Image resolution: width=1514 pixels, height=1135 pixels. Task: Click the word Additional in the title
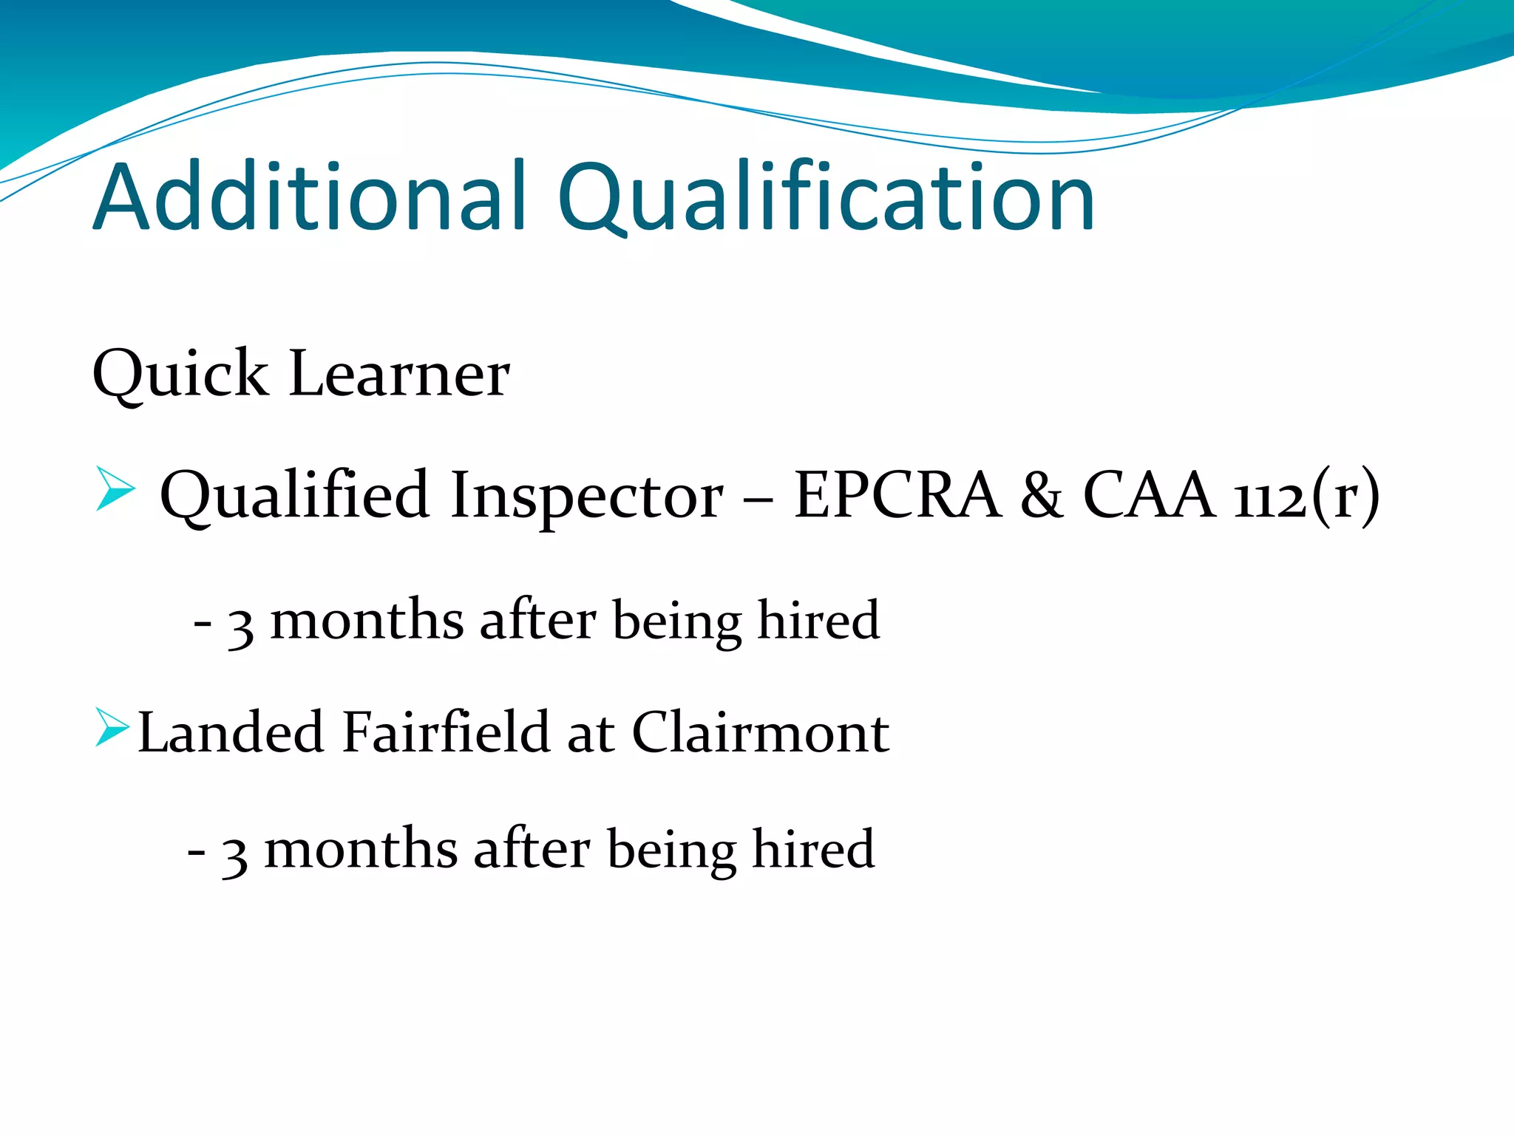[x=310, y=198]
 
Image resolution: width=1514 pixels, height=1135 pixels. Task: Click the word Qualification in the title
[x=825, y=198]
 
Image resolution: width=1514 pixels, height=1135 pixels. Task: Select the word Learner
[x=399, y=374]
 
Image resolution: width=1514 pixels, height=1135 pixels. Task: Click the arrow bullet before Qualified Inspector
[x=115, y=488]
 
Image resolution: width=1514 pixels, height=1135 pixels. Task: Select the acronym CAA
[x=1149, y=495]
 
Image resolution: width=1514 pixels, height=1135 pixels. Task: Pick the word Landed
[x=231, y=732]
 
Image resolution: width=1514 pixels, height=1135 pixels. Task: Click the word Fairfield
[x=447, y=732]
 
